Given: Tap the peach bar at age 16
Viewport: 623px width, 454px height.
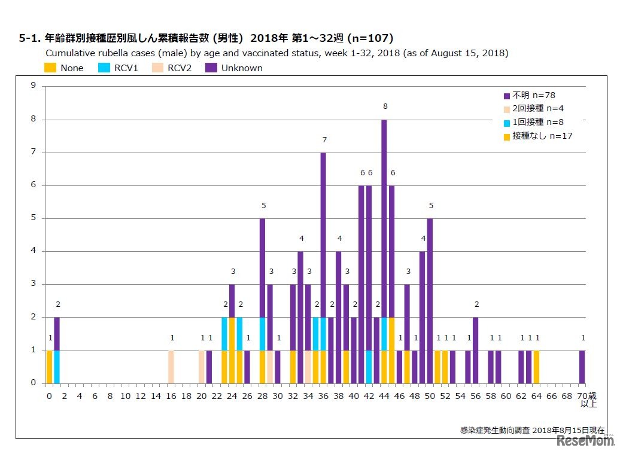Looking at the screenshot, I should point(171,367).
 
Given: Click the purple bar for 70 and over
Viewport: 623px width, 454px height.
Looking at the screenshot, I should point(582,367).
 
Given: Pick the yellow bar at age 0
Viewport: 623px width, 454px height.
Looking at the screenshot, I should point(49,367).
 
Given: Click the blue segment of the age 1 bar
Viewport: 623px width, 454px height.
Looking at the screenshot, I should point(57,367).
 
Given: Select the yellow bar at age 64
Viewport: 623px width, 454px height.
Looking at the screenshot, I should point(537,367).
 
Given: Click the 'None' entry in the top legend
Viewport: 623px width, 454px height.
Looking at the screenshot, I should point(65,68).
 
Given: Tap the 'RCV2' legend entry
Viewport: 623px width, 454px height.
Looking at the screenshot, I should point(172,68).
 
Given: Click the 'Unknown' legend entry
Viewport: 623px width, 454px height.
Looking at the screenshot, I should point(235,68).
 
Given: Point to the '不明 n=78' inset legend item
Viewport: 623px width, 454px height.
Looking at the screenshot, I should point(533,95).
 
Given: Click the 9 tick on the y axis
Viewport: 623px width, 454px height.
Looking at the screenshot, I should point(34,86).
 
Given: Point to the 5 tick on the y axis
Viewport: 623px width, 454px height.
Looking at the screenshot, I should point(34,218).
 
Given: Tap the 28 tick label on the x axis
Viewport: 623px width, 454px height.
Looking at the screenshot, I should point(262,395).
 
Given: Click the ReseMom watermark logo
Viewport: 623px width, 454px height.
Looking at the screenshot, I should point(585,441).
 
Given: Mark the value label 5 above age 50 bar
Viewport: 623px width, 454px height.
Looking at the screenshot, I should point(430,206).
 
